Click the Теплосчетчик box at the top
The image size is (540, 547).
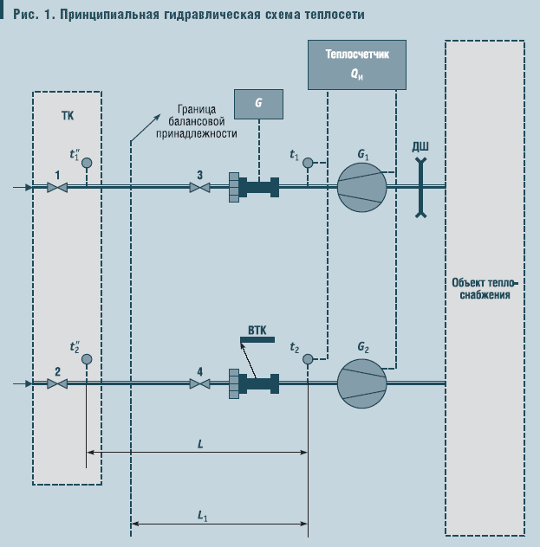(358, 63)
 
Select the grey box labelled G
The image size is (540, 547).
(258, 103)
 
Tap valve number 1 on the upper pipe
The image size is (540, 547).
(57, 186)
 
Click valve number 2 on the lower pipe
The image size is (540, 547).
(57, 383)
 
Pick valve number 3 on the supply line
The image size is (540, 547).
(200, 186)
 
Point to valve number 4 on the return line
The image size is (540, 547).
(200, 383)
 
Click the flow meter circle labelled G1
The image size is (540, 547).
(361, 186)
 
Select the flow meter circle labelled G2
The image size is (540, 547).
(361, 382)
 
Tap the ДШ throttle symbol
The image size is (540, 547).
(420, 185)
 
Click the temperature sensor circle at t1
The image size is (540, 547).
(308, 162)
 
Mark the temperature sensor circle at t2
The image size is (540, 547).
(308, 357)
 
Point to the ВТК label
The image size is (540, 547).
(257, 330)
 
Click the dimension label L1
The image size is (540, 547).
(202, 516)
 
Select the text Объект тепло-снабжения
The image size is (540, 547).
(485, 288)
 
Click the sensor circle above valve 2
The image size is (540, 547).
(87, 357)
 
